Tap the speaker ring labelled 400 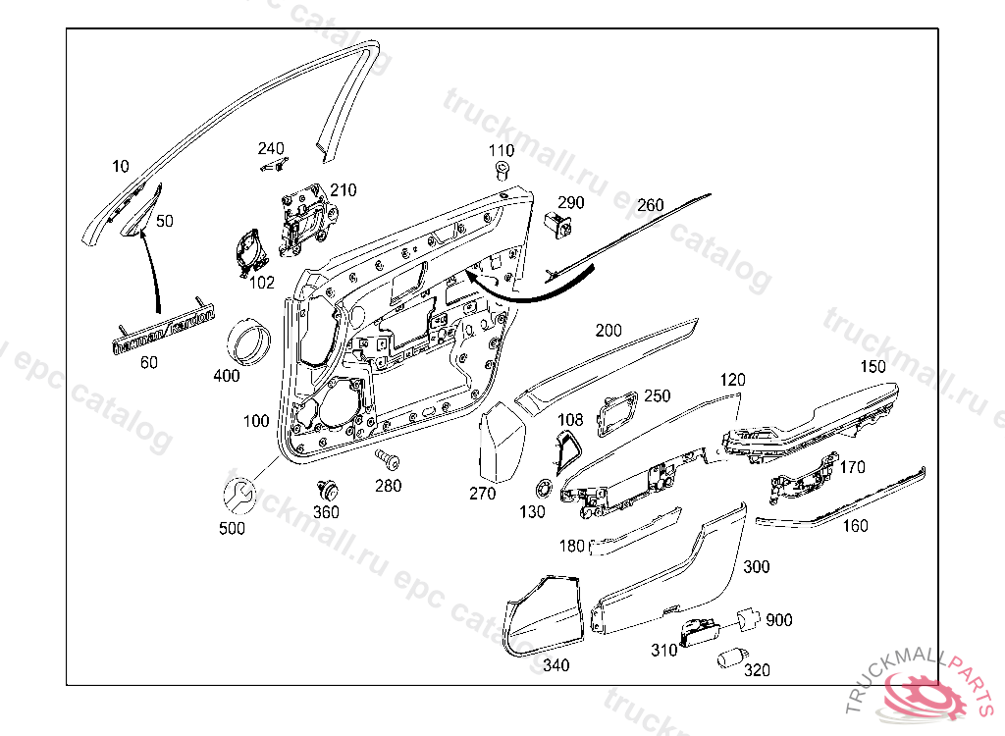(249, 342)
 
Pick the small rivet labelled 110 (502, 173)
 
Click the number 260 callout (650, 206)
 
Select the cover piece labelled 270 (502, 443)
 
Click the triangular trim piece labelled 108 (568, 450)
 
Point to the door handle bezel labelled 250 (617, 410)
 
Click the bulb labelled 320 (730, 658)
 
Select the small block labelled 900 (747, 618)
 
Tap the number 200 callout (608, 331)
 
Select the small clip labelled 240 (276, 164)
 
